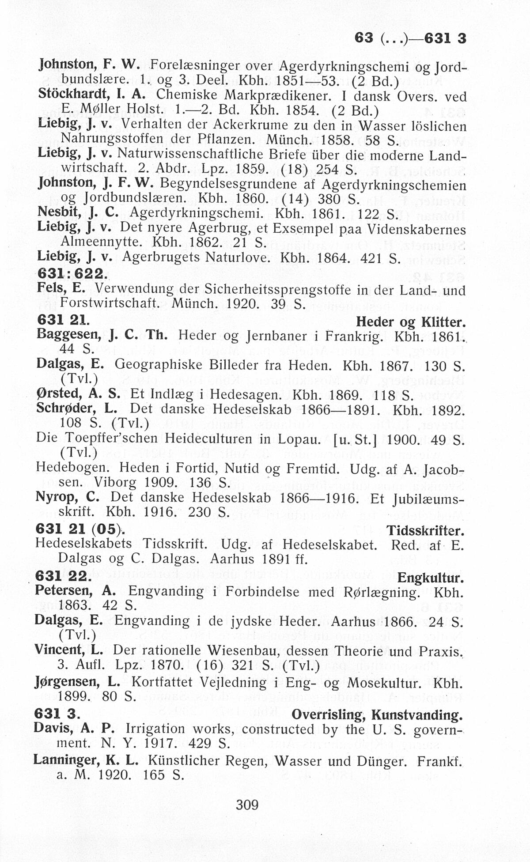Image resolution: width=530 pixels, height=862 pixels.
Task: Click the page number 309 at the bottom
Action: (247, 805)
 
